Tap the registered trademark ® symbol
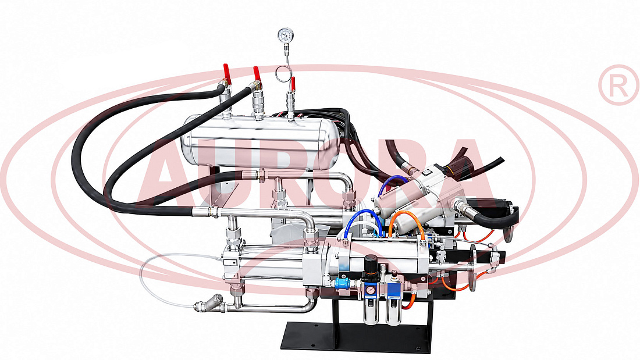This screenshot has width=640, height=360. click(x=618, y=85)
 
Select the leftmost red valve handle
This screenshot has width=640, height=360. click(x=227, y=74)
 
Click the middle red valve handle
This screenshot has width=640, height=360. click(x=257, y=74)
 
